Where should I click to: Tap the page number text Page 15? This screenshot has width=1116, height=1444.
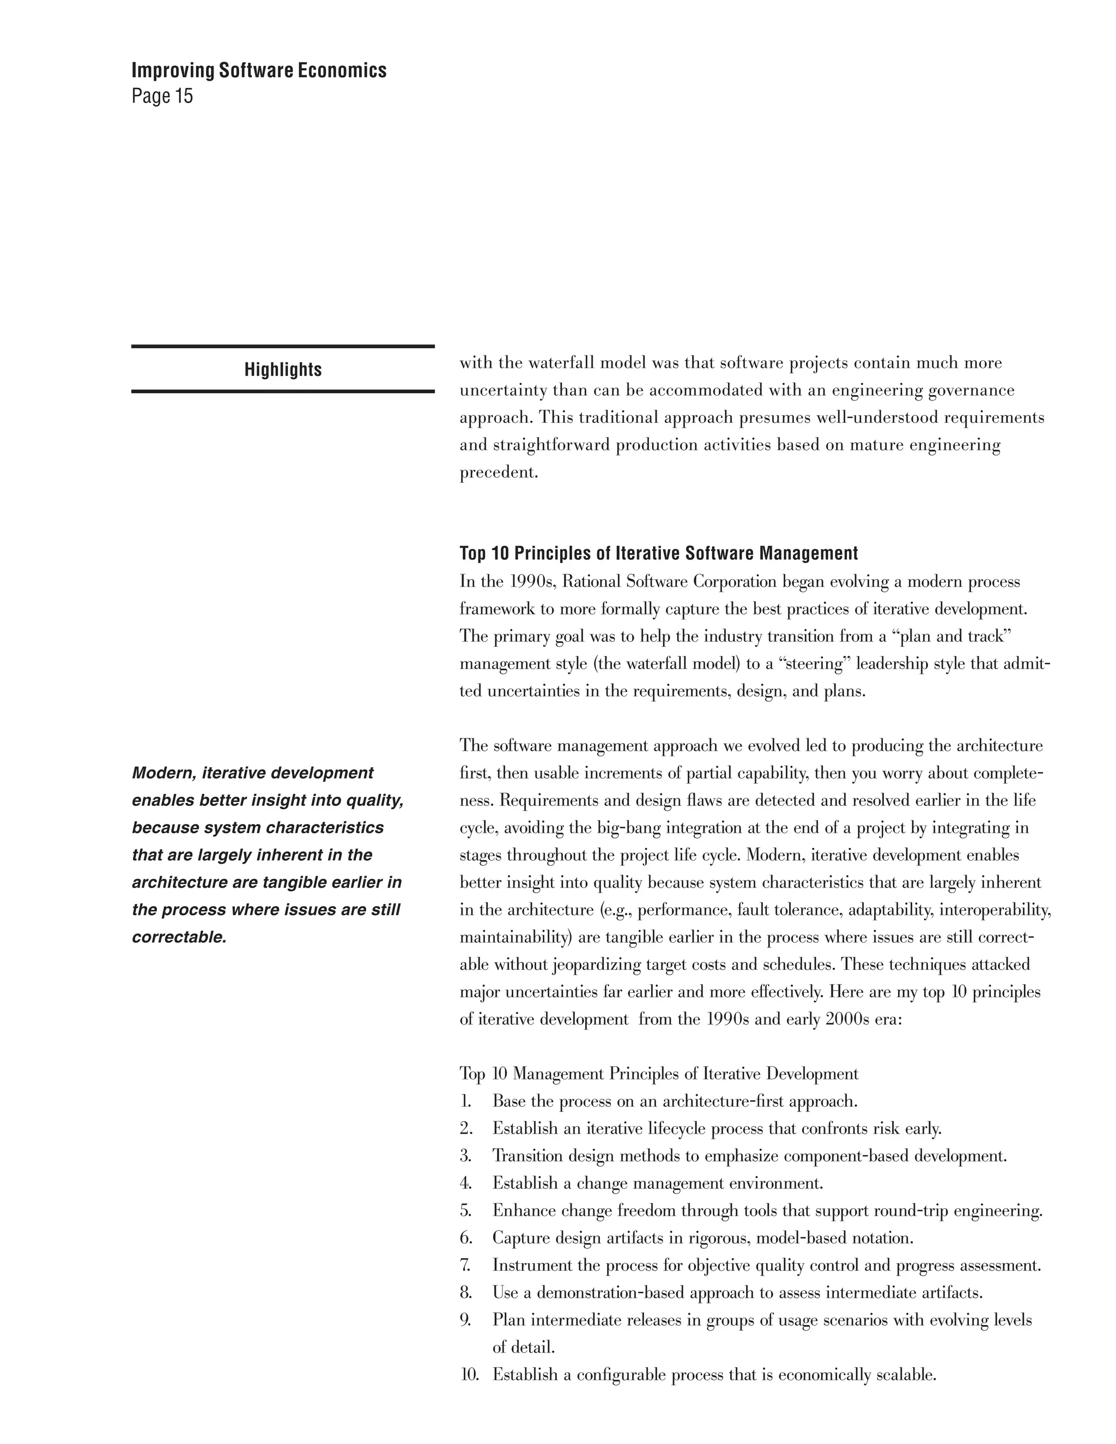(x=162, y=96)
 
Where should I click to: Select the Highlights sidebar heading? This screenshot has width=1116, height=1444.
(x=283, y=369)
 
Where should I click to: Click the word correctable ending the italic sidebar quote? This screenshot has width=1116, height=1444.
(x=179, y=938)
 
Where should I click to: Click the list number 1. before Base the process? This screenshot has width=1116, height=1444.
(x=466, y=1101)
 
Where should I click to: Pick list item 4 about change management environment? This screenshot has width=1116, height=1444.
(x=657, y=1184)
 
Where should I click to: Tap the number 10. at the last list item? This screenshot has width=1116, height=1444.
(x=469, y=1375)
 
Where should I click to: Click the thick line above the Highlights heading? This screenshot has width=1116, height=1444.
(x=283, y=347)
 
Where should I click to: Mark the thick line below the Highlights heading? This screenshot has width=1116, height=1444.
(x=283, y=391)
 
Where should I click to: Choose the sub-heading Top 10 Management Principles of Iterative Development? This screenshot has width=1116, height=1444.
(x=658, y=1074)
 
